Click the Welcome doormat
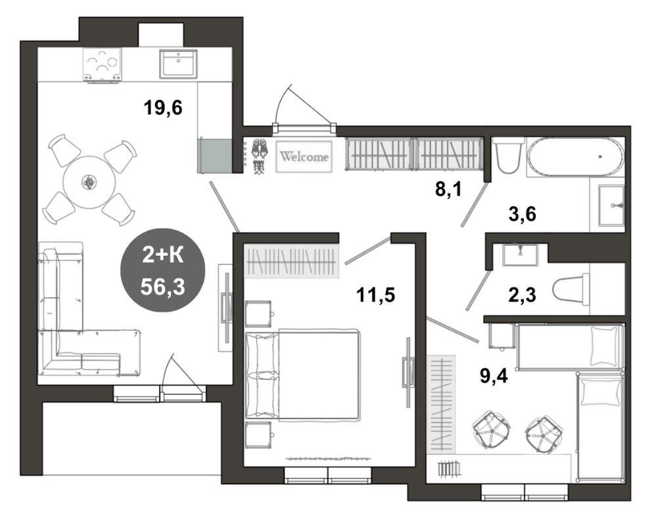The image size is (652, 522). tap(304, 156)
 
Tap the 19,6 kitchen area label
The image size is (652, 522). tap(163, 108)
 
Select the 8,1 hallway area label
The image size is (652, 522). tap(449, 189)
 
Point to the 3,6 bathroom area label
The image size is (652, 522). tap(523, 214)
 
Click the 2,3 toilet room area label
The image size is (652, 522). tap(523, 295)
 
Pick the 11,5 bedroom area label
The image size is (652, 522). tap(375, 295)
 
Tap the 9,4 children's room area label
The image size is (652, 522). tap(494, 377)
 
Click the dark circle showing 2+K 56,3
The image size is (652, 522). tap(162, 270)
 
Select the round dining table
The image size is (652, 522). tap(89, 181)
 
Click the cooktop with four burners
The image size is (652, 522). tap(103, 64)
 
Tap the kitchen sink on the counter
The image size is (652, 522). tap(178, 63)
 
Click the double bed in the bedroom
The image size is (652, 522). tap(302, 375)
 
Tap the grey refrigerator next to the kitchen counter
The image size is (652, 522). tap(214, 156)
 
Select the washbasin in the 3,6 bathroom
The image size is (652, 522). tap(611, 205)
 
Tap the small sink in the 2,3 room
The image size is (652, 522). tap(520, 254)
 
